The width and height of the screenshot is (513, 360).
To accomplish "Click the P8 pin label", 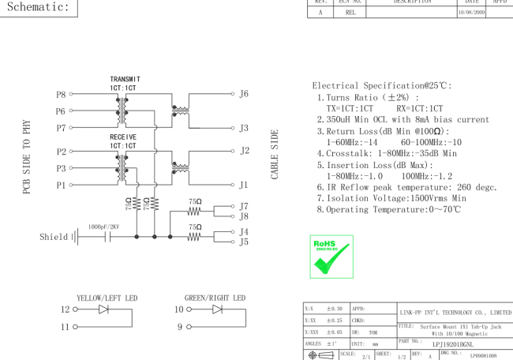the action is click(x=61, y=95).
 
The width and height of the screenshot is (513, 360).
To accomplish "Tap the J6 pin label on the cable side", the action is click(x=244, y=94).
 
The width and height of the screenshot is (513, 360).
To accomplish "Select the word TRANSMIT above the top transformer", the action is click(x=125, y=79).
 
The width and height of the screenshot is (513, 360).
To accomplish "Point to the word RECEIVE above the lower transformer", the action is click(x=123, y=137).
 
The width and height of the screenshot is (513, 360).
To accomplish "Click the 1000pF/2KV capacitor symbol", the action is click(x=107, y=237).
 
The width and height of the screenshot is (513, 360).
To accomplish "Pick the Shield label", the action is click(x=54, y=237).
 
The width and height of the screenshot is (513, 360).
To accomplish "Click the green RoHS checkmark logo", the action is click(x=331, y=257).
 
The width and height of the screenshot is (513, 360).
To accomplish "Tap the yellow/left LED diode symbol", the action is click(x=103, y=309).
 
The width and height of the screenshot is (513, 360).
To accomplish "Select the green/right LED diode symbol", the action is click(x=217, y=309).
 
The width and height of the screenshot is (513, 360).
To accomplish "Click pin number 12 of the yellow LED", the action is click(x=65, y=309).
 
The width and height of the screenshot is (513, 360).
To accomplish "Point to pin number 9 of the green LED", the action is click(x=180, y=327).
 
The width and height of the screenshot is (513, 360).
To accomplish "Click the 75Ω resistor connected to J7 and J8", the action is click(x=193, y=212).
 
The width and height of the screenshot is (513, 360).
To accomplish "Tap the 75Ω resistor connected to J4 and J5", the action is click(x=193, y=237).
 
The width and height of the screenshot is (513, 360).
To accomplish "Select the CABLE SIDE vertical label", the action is click(x=274, y=155).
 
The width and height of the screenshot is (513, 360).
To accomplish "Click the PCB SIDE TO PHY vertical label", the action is click(x=27, y=157).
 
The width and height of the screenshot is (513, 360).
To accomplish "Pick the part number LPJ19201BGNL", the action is click(x=453, y=344).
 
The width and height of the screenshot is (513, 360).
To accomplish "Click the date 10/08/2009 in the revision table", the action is click(x=471, y=13).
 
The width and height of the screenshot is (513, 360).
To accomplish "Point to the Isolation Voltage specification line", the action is click(x=391, y=198).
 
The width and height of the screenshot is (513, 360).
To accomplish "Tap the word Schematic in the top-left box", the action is click(x=39, y=7).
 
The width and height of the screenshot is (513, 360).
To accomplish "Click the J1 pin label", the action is click(x=243, y=186).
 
